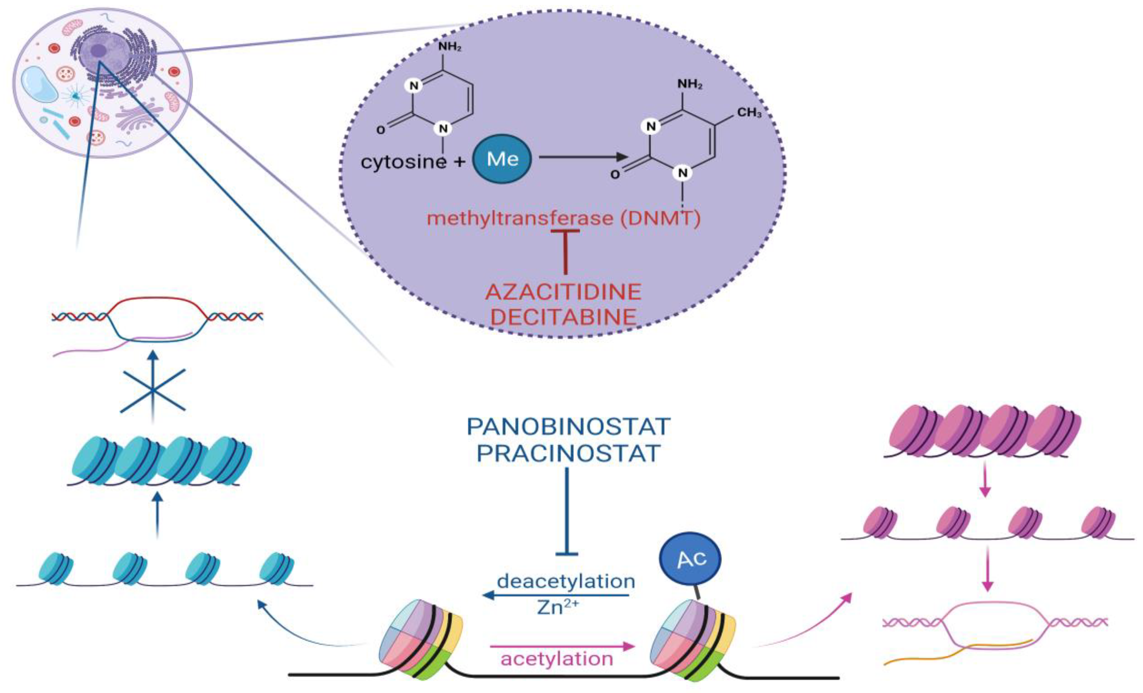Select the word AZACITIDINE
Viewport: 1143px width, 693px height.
coord(563,292)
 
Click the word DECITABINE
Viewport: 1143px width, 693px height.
coord(563,317)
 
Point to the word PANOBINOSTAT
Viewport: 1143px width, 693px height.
coord(568,427)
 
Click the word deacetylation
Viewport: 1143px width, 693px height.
coord(566,581)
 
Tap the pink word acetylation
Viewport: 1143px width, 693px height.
coord(557,659)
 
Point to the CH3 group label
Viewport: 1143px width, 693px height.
coord(749,113)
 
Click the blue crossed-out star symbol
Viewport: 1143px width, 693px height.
coord(153,390)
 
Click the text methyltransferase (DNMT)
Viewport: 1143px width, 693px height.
coord(563,218)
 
